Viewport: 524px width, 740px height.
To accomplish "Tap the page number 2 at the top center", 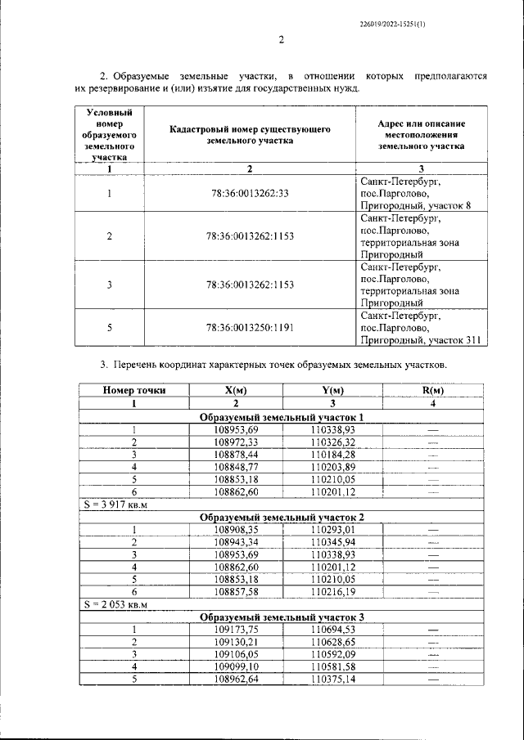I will pos(281,40).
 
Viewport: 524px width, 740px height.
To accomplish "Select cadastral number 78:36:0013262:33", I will pos(250,194).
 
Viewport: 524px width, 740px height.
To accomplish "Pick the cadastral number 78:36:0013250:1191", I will pos(250,328).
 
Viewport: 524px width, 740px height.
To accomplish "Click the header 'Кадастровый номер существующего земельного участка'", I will pos(250,135).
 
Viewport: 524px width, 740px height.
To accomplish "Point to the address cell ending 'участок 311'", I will pos(422,328).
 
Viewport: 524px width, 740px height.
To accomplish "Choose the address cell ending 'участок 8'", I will pos(422,194).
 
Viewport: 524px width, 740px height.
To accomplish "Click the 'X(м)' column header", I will pos(236,391).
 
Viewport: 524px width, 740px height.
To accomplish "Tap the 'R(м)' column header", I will pos(431,391).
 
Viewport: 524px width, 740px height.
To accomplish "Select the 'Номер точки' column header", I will pos(134,391).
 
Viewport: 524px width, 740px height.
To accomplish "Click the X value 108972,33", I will pos(236,442).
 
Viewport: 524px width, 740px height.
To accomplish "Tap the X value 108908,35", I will pos(236,530).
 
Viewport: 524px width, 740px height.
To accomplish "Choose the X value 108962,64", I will pos(236,679).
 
